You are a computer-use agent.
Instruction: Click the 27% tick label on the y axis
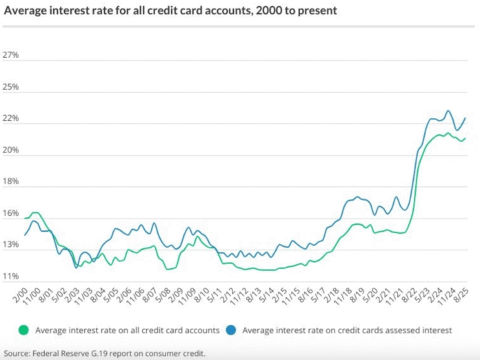point(12,55)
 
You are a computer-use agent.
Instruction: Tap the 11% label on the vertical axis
point(12,277)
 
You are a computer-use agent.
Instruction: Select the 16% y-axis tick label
point(12,214)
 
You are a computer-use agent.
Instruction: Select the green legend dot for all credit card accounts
point(26,330)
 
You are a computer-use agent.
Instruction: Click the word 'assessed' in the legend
point(401,330)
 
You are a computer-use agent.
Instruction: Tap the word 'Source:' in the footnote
point(17,353)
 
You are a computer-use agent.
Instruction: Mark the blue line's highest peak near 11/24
point(448,110)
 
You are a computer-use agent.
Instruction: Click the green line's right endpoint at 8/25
point(465,138)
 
